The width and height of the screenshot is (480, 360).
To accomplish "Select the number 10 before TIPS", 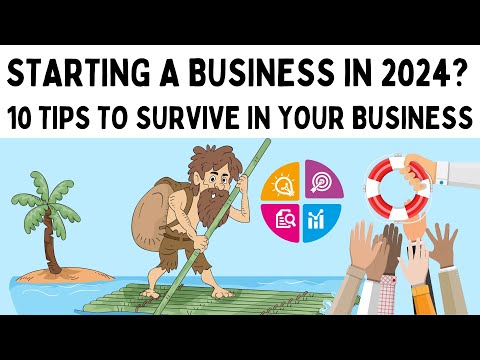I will [x=29, y=118].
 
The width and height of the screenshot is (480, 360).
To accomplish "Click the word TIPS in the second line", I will [x=81, y=118].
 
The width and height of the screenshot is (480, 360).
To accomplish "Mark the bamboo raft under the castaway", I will [x=200, y=295].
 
